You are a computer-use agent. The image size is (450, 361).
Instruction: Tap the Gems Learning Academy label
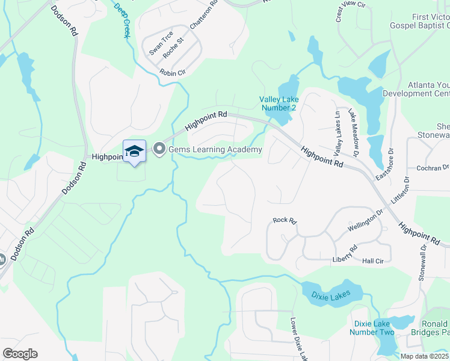coord(215,149)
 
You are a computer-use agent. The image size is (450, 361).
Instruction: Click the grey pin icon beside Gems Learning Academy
coord(159,149)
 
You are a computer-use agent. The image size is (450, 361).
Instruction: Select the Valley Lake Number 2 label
coord(278,103)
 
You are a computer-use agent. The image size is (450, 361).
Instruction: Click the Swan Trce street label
coord(161,43)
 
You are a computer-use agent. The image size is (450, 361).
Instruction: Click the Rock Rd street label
coord(285,221)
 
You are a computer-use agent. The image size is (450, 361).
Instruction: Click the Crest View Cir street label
coord(351,11)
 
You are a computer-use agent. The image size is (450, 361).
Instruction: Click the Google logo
coord(19,354)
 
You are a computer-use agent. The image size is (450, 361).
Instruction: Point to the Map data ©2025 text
coord(425,356)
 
